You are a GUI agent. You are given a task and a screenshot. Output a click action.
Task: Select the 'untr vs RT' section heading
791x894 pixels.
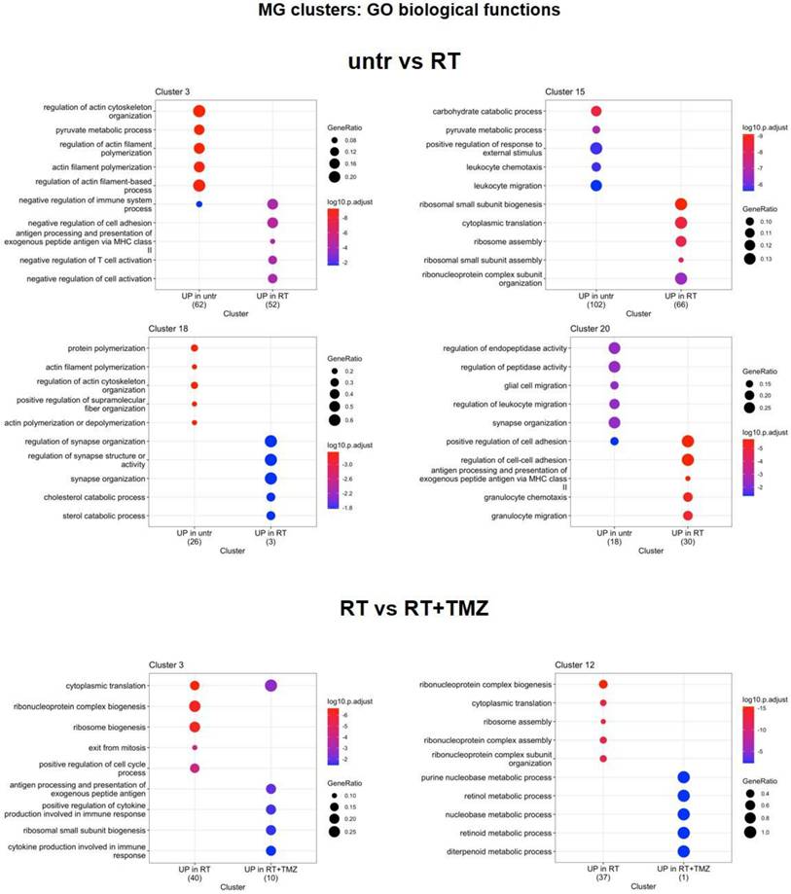point(395,59)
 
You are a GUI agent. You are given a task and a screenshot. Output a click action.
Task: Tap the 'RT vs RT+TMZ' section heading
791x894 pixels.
point(395,610)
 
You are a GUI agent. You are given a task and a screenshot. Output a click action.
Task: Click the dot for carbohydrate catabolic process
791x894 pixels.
point(595,111)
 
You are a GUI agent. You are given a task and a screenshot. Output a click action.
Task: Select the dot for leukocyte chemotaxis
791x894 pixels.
point(595,167)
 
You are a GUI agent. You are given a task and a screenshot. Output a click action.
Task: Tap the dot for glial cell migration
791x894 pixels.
point(614,385)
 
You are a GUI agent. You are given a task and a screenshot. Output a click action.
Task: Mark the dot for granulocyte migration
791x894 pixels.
point(688,516)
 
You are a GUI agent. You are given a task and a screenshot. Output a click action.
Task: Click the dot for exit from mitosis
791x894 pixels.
point(195,747)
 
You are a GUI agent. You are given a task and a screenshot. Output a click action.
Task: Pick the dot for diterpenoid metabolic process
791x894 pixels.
point(683,851)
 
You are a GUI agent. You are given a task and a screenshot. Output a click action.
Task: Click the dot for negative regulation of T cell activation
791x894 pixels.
point(272,261)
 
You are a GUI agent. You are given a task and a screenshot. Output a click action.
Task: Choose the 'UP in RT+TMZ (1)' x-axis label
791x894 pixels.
point(683,875)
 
